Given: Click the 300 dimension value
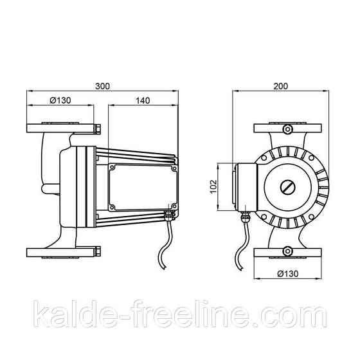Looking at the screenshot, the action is (x=102, y=86).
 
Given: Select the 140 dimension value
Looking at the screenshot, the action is (x=143, y=100).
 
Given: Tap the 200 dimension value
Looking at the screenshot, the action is (x=280, y=86).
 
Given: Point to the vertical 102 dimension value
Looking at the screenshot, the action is (x=213, y=186).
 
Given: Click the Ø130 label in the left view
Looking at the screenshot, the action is (x=60, y=100).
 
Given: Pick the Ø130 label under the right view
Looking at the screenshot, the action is (x=288, y=274).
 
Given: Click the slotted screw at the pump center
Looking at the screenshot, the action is (x=287, y=187).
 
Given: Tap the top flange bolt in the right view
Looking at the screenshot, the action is (x=287, y=129).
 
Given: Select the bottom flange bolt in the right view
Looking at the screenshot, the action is (x=287, y=251).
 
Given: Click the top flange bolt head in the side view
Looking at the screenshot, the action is (x=98, y=129).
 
